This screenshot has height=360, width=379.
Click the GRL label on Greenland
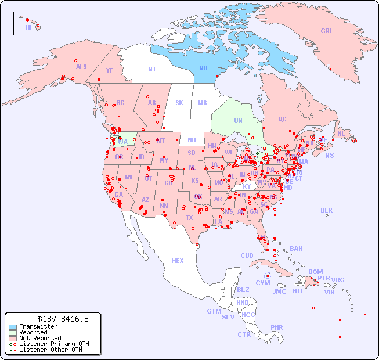[x=327, y=31]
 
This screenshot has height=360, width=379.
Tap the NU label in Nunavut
[x=203, y=68]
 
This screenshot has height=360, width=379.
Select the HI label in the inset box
[x=28, y=27]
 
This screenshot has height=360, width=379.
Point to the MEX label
[x=177, y=261]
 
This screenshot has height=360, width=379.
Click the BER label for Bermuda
[x=326, y=210]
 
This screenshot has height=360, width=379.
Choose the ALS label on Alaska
[x=81, y=67]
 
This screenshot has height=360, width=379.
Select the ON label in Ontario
[x=238, y=120]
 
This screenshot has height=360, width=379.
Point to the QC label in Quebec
[x=282, y=119]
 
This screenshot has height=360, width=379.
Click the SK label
[x=179, y=103]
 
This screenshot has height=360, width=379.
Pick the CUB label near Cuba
[x=247, y=255]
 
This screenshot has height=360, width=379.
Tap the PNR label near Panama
[x=277, y=327]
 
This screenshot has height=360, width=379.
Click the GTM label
[x=214, y=311]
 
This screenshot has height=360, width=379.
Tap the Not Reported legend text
[x=40, y=338]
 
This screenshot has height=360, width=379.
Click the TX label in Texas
[x=189, y=218]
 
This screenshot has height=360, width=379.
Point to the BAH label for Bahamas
[x=296, y=249]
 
